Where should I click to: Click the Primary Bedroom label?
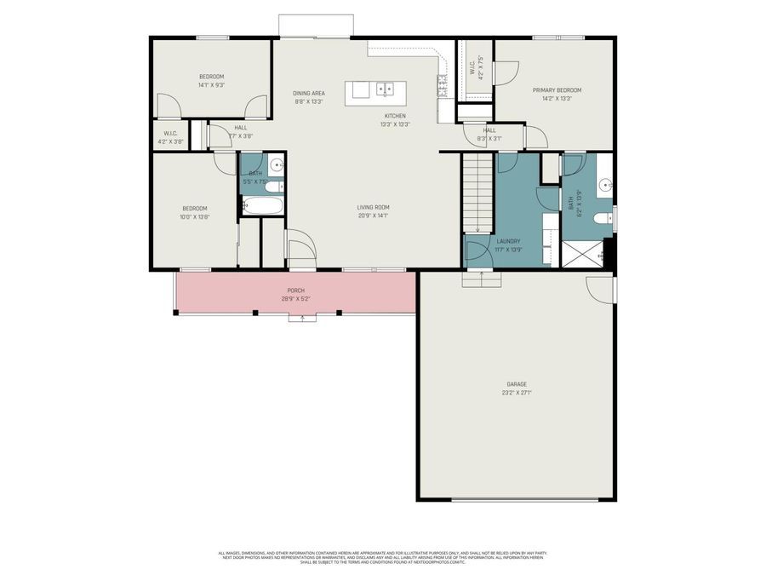(557, 89)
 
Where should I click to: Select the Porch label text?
(295, 290)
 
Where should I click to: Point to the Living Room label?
(373, 207)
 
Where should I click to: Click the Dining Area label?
(309, 93)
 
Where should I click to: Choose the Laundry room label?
(508, 241)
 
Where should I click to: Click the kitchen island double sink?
(386, 88)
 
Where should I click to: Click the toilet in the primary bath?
(603, 219)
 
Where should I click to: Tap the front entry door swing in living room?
(301, 247)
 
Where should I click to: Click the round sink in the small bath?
(276, 166)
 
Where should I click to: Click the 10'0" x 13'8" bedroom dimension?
(194, 216)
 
